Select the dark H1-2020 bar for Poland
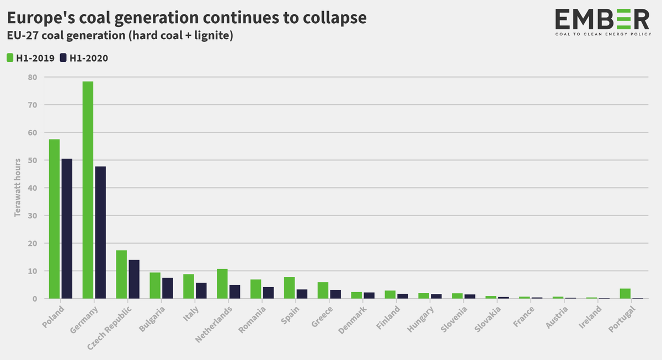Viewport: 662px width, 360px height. [x=67, y=229]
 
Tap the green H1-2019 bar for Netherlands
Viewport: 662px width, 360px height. [x=222, y=284]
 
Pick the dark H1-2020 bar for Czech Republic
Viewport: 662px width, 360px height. [x=134, y=279]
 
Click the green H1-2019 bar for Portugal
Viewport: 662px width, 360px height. [x=625, y=294]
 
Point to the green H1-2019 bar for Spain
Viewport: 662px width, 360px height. [x=289, y=288]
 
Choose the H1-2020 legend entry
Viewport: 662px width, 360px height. [x=84, y=58]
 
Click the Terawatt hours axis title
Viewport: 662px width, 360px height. [x=18, y=188]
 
